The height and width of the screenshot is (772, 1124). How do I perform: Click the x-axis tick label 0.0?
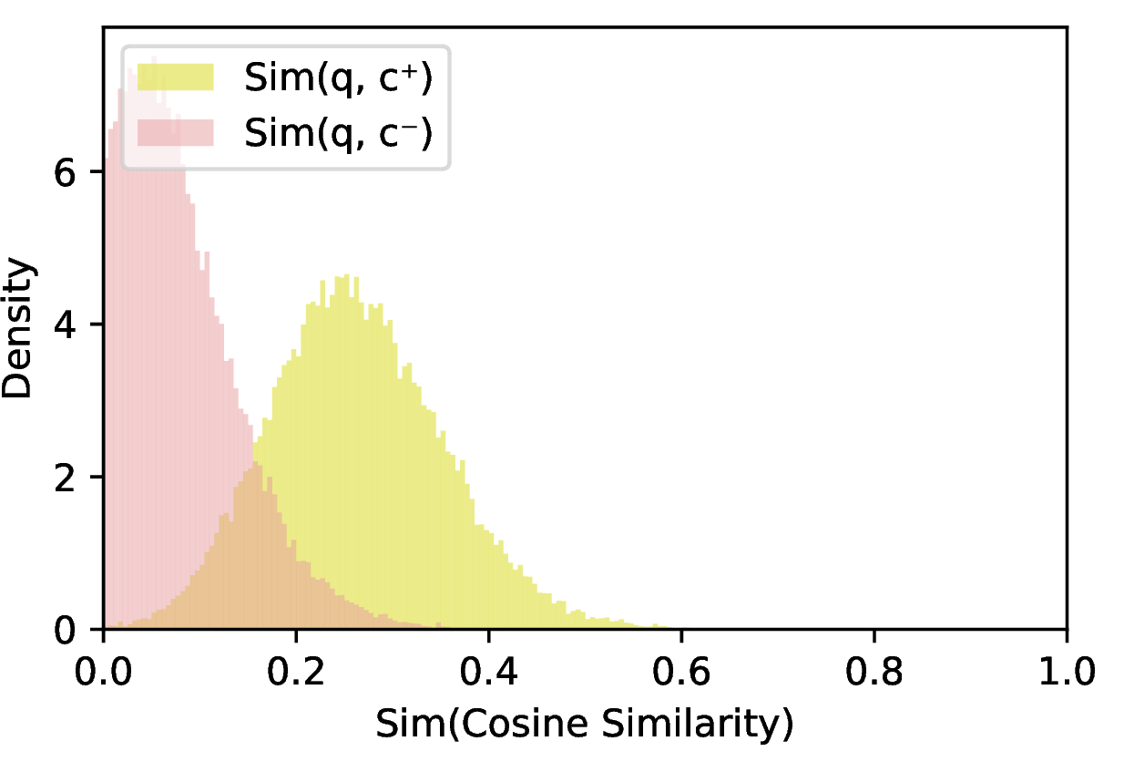pos(103,672)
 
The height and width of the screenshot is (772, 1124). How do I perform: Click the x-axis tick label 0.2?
pos(296,672)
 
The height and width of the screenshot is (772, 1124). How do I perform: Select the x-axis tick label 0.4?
pos(489,672)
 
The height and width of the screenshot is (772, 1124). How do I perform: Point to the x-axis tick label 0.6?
pos(681,672)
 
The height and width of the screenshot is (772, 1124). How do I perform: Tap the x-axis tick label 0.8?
pos(874,672)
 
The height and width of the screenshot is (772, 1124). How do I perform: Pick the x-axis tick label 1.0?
pos(1067,672)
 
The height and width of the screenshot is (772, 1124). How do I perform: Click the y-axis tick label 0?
pos(65,630)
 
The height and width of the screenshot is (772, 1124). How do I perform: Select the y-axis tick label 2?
pos(65,478)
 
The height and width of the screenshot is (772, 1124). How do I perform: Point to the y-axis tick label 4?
pos(65,324)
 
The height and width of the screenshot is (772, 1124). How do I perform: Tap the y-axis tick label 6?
pos(65,172)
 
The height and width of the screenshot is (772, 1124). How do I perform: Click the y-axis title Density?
pos(18,328)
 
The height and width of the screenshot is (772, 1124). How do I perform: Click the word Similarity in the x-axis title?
pos(698,725)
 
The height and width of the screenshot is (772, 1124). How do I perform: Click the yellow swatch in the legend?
pos(176,77)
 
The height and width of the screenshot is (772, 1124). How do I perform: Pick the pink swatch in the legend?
pos(176,132)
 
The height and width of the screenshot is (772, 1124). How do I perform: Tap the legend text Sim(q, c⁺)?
pos(338,78)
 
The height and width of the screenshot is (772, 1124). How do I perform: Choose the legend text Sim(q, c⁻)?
pos(338,134)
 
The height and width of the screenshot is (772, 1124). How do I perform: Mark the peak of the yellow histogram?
pos(346,275)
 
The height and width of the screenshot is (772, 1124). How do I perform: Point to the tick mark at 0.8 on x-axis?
pos(874,635)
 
